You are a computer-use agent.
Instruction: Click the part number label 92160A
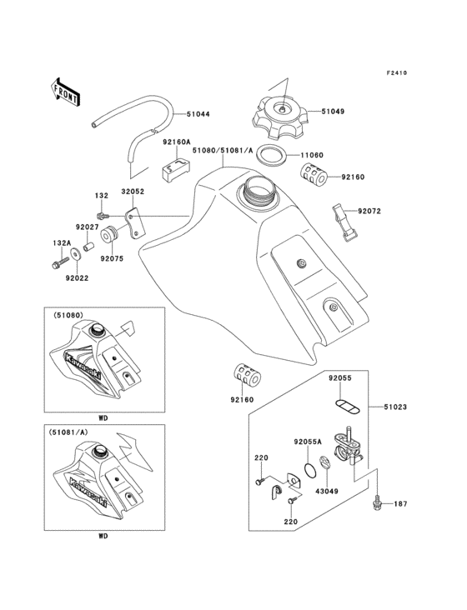pyautogui.click(x=177, y=142)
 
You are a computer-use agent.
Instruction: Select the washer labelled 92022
pyautogui.click(x=88, y=250)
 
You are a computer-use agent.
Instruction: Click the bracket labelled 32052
pyautogui.click(x=133, y=223)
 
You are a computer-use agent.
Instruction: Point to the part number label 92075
pyautogui.click(x=111, y=258)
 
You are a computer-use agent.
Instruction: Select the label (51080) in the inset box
pyautogui.click(x=69, y=316)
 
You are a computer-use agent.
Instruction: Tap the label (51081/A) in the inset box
pyautogui.click(x=73, y=432)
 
